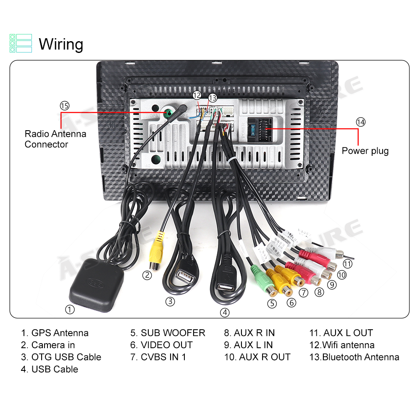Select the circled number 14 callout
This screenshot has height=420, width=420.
pyautogui.click(x=360, y=122)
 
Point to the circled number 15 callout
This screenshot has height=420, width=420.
pyautogui.click(x=64, y=105)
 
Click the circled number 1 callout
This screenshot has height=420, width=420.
pyautogui.click(x=70, y=310)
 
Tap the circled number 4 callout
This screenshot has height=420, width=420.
pyautogui.click(x=225, y=312)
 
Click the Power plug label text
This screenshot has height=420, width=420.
pyautogui.click(x=365, y=151)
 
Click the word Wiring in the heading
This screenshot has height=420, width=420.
pyautogui.click(x=61, y=44)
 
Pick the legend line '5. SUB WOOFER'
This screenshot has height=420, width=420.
pyautogui.click(x=168, y=333)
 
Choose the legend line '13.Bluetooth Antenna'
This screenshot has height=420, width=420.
pyautogui.click(x=354, y=357)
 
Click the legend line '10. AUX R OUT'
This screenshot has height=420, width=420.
pyautogui.click(x=257, y=357)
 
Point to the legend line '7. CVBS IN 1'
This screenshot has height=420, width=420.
pyautogui.click(x=158, y=357)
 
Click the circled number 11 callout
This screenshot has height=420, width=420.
pyautogui.click(x=347, y=264)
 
